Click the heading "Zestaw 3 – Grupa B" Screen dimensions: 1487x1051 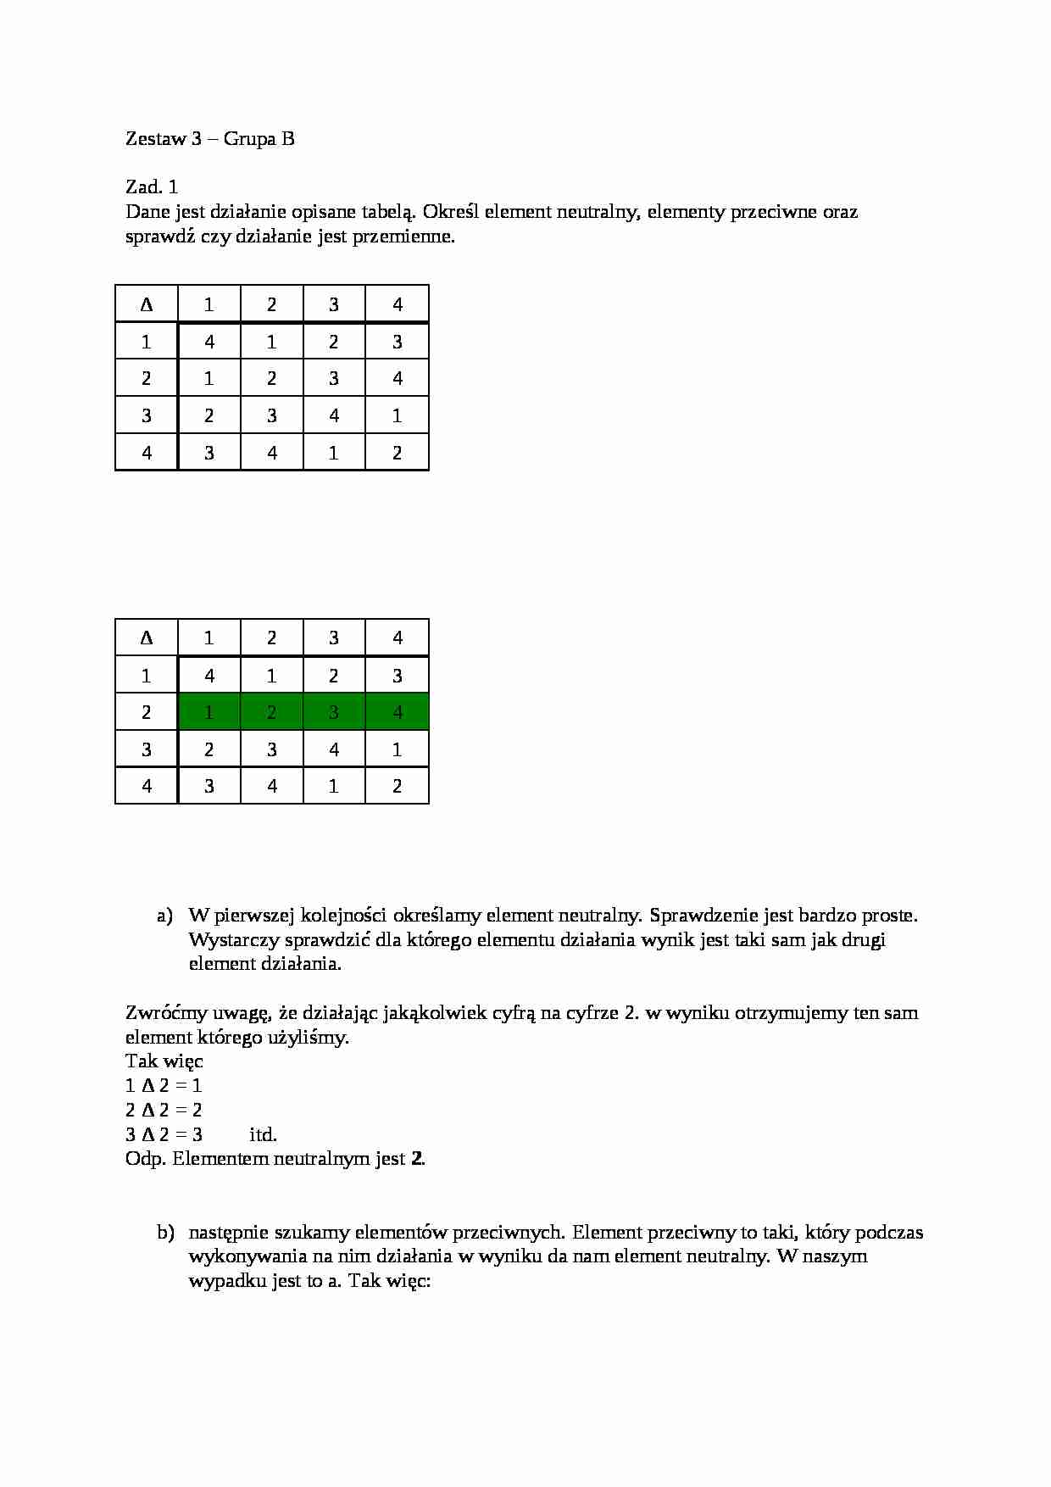coord(209,139)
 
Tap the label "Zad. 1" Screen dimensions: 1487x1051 coord(152,187)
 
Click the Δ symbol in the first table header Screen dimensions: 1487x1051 coord(147,305)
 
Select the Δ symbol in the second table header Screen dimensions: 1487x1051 coord(147,638)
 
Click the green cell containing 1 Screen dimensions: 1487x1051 coord(209,713)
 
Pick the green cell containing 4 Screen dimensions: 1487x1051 coord(398,713)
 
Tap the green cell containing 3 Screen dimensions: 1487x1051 coord(334,713)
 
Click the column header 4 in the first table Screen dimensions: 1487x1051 coord(398,305)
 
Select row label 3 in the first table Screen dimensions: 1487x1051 coord(147,416)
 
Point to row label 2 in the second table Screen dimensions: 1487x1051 coord(147,713)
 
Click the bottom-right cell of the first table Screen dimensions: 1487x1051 coord(398,453)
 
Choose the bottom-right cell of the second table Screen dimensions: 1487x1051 coord(398,787)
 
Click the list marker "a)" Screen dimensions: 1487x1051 coord(165,916)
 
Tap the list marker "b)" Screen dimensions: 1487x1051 coord(165,1233)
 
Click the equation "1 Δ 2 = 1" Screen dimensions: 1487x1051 coord(164,1086)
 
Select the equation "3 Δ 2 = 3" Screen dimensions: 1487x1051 coord(164,1135)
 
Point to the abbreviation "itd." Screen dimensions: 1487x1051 coord(263,1135)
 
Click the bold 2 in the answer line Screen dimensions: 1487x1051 coord(416,1159)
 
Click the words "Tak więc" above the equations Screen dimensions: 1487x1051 coord(164,1061)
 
